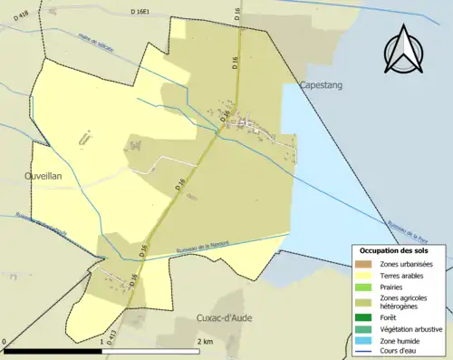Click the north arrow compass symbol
click(403, 50)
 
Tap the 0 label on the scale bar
click(6, 342)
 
